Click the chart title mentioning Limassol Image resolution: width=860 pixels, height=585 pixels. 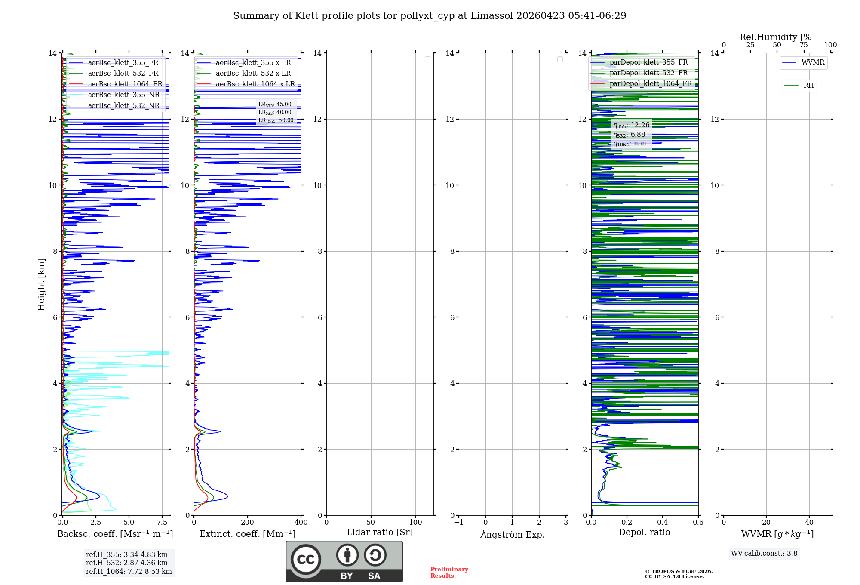(x=430, y=16)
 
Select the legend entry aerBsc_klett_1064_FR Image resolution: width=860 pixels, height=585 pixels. (x=125, y=84)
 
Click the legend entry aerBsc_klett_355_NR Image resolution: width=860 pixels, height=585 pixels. (x=123, y=95)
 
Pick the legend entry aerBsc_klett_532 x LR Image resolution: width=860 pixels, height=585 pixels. (x=253, y=74)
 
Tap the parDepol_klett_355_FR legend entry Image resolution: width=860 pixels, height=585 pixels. (x=648, y=62)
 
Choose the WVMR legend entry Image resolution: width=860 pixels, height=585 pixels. (x=812, y=62)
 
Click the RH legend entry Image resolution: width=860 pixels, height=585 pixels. (x=808, y=86)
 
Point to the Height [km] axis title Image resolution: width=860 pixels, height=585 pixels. (x=41, y=284)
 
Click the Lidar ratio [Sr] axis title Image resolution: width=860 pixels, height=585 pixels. (x=380, y=533)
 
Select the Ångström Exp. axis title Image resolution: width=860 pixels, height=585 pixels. (x=512, y=535)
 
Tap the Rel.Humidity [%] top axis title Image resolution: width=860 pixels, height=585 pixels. (x=777, y=37)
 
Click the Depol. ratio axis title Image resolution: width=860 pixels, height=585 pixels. (x=644, y=533)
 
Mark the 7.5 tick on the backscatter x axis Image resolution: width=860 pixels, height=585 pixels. (x=162, y=523)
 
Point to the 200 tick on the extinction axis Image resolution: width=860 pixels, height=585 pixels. (x=248, y=523)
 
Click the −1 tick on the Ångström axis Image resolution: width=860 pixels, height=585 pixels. (x=458, y=523)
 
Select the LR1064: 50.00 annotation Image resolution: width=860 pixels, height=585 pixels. (x=276, y=120)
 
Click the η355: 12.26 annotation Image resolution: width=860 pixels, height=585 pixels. (x=631, y=125)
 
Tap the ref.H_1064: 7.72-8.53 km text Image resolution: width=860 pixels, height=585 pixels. (x=129, y=572)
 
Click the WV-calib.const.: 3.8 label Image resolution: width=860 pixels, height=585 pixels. (x=764, y=554)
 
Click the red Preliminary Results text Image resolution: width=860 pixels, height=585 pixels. (x=449, y=573)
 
